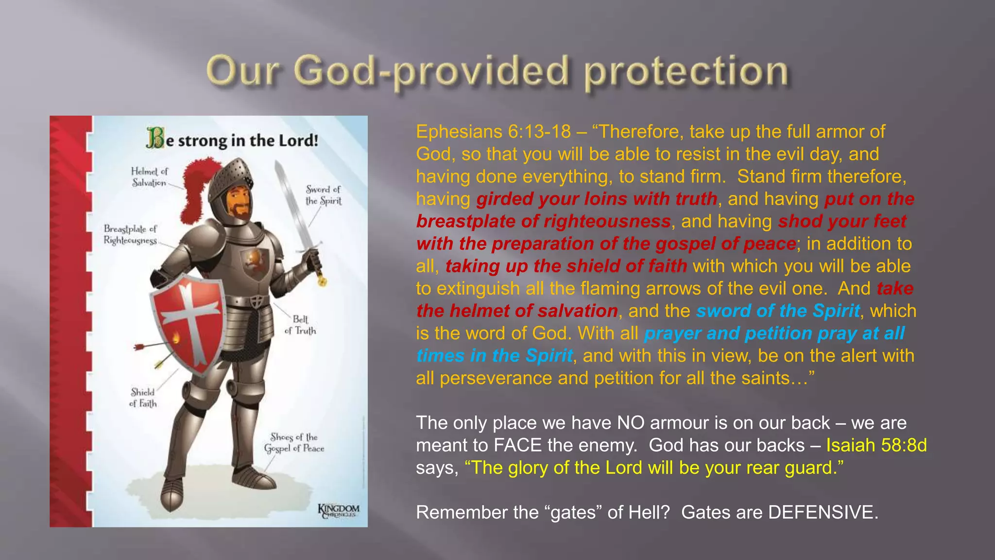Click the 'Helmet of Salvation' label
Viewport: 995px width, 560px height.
[149, 177]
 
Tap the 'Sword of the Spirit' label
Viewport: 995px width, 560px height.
[323, 195]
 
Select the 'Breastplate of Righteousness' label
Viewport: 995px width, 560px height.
[130, 234]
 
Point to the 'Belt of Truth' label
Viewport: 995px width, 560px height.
[300, 325]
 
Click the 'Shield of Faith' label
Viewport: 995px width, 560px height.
[143, 398]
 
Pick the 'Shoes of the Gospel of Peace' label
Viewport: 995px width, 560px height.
[294, 443]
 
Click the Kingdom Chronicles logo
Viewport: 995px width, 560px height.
[339, 511]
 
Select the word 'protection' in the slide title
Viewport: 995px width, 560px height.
[686, 72]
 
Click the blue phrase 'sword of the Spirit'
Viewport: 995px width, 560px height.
[778, 311]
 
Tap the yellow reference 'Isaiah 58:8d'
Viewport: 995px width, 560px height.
[876, 445]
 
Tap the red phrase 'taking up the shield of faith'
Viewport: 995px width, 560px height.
[566, 266]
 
